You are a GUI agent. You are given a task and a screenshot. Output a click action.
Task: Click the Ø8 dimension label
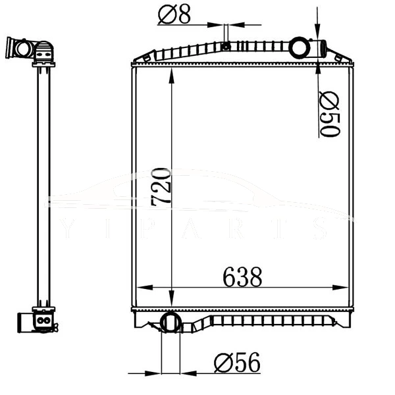[174, 14]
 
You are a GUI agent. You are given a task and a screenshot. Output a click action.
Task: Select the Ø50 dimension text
[329, 115]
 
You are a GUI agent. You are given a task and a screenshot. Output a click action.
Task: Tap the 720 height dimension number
[161, 188]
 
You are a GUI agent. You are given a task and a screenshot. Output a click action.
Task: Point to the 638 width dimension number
[242, 277]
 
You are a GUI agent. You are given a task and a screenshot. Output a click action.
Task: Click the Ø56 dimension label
[237, 362]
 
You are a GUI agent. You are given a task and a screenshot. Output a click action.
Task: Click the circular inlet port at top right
[301, 48]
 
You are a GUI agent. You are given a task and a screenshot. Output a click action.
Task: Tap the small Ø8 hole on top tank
[226, 45]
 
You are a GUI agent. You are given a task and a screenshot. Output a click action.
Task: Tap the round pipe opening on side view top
[24, 48]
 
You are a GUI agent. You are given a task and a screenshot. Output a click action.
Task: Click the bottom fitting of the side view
[43, 321]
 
